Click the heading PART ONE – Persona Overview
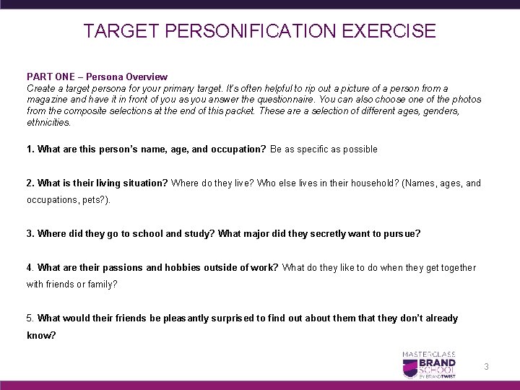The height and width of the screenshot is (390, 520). point(97,77)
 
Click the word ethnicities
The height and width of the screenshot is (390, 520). point(48,123)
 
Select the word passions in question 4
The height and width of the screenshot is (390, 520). point(121,268)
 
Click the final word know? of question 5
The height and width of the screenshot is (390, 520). point(40,336)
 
